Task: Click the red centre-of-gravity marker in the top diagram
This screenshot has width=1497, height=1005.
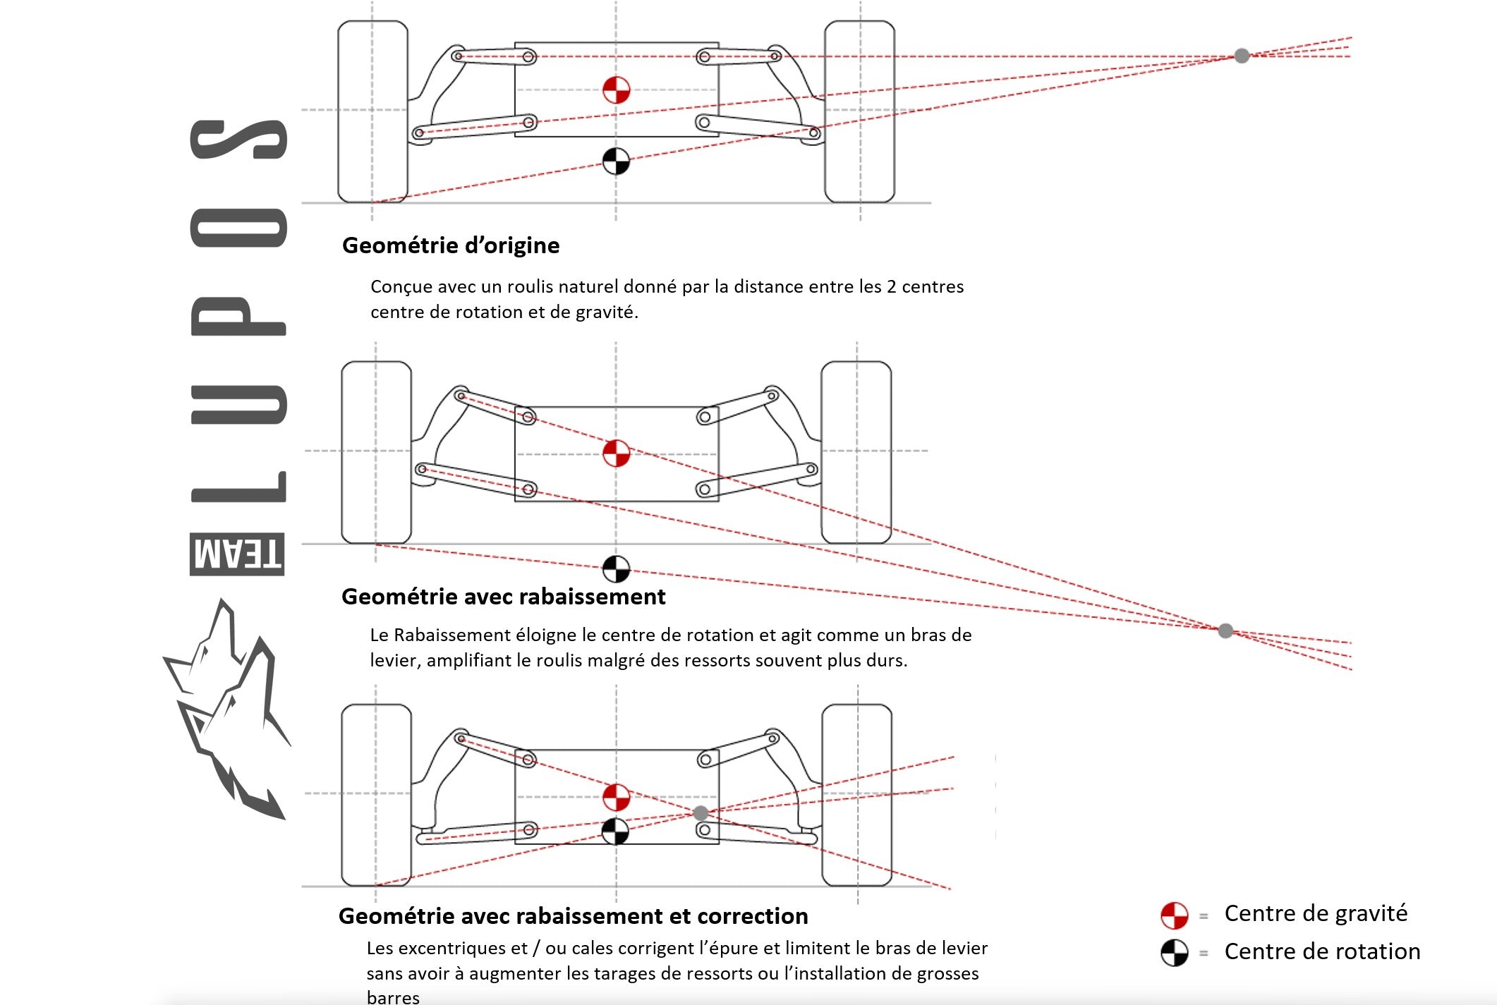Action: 616,90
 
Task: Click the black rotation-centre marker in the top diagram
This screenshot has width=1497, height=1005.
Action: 616,162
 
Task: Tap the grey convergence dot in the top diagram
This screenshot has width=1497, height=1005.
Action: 1242,56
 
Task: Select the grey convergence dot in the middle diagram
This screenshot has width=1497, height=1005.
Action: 1225,631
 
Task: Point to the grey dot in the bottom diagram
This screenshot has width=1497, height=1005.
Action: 701,813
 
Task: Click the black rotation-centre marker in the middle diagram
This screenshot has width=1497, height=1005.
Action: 616,568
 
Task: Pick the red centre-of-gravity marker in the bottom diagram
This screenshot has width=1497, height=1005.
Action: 616,797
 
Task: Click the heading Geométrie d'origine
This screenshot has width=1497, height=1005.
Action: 450,245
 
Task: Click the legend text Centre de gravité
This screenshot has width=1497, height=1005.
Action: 1316,913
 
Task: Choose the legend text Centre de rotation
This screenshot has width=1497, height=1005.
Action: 1322,951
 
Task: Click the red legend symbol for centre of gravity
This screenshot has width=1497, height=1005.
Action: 1175,915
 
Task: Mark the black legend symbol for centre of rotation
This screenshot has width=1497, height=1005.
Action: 1175,953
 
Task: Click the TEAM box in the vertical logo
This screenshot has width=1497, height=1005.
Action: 237,554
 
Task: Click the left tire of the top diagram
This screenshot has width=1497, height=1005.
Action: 372,111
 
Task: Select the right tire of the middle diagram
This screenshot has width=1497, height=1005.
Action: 856,452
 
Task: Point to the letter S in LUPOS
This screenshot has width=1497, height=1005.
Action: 238,140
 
